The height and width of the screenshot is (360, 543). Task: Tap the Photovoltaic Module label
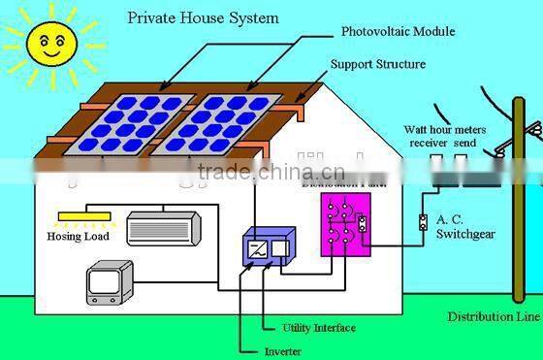pyautogui.click(x=398, y=31)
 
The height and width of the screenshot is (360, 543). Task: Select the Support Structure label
pyautogui.click(x=378, y=64)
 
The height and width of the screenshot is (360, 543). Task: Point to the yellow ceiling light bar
pyautogui.click(x=83, y=215)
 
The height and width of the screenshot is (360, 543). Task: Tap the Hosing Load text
pyautogui.click(x=79, y=236)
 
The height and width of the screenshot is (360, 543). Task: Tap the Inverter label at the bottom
pyautogui.click(x=282, y=350)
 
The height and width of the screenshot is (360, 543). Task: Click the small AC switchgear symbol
pyautogui.click(x=422, y=221)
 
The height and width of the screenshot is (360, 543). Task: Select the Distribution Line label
pyautogui.click(x=494, y=317)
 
